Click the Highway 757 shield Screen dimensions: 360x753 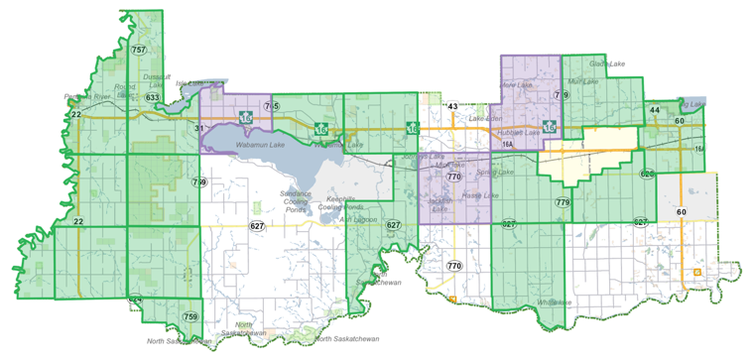click(138, 50)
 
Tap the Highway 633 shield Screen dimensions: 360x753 click(152, 97)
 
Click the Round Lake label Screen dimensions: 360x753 click(125, 91)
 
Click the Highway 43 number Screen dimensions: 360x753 click(452, 105)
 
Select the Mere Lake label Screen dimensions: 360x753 click(511, 86)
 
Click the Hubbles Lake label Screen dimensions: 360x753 click(517, 131)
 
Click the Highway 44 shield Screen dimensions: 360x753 click(655, 110)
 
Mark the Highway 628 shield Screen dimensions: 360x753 click(647, 175)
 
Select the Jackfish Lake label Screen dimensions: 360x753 click(441, 203)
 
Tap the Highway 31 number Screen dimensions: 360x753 click(198, 128)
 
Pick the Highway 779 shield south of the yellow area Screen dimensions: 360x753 click(563, 202)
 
